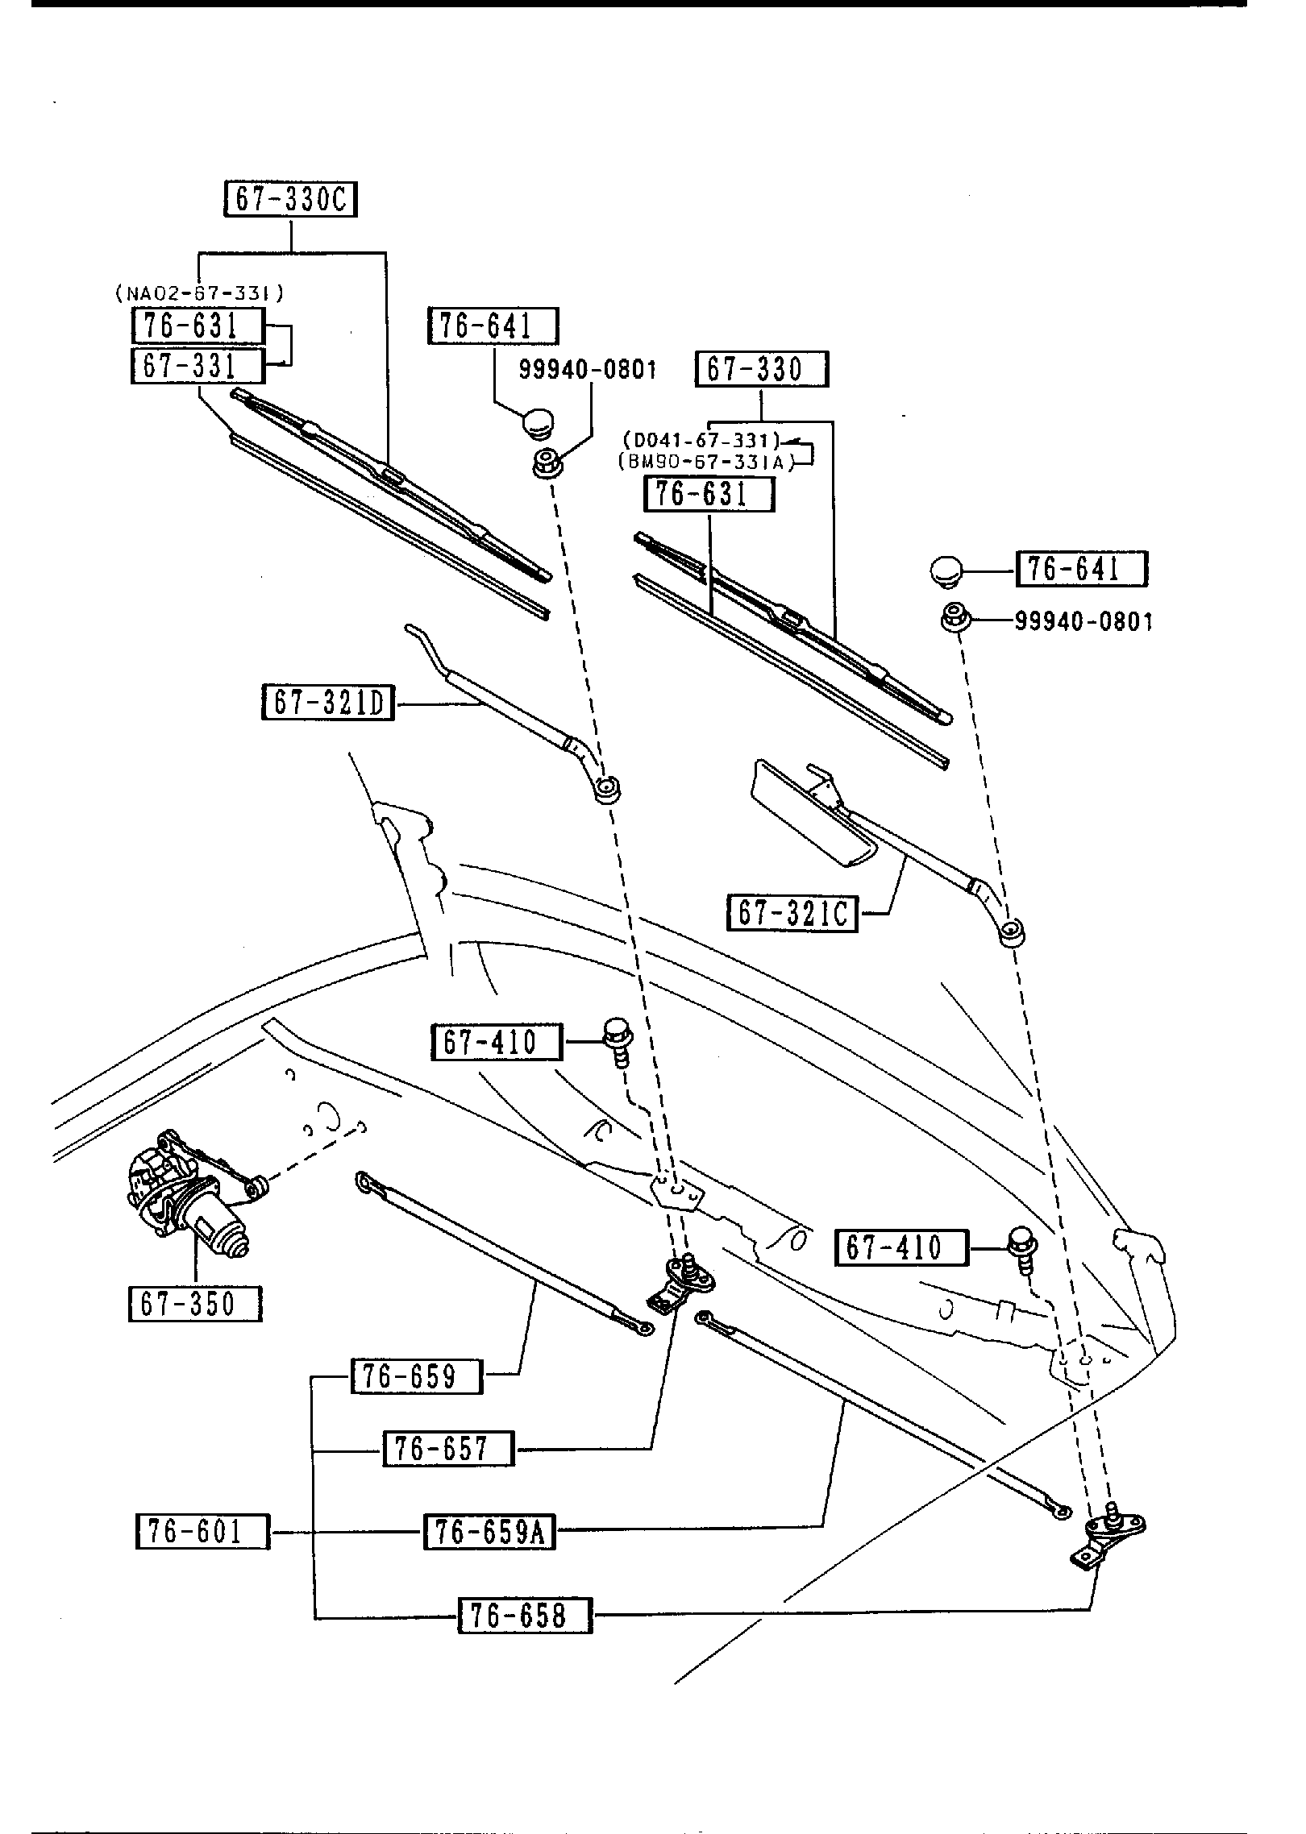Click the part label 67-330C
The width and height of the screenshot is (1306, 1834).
pos(290,200)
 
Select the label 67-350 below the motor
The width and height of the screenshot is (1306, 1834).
pos(195,1304)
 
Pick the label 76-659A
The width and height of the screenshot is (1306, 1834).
pos(490,1533)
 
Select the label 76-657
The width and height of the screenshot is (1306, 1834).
pos(448,1449)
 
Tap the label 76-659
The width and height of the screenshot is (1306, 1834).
pos(417,1376)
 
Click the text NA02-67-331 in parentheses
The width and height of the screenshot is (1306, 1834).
pos(198,294)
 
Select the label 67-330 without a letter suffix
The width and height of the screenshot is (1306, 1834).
pos(762,370)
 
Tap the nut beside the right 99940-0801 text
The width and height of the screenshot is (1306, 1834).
pos(956,619)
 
